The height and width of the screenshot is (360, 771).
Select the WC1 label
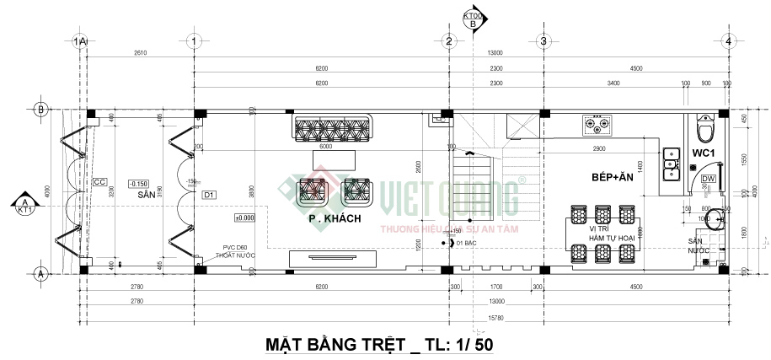(x=703, y=153)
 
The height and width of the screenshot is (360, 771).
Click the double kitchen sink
(x=672, y=164)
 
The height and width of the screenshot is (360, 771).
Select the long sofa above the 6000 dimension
(x=333, y=129)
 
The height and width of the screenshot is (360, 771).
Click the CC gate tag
(x=99, y=182)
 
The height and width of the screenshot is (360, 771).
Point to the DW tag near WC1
(x=708, y=179)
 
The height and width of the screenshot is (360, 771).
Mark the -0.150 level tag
(x=137, y=183)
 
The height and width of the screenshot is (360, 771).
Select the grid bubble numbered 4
(x=727, y=40)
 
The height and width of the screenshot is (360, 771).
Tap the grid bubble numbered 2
(x=449, y=40)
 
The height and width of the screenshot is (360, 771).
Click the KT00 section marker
(x=473, y=19)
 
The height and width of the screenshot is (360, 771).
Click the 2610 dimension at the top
(x=140, y=53)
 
